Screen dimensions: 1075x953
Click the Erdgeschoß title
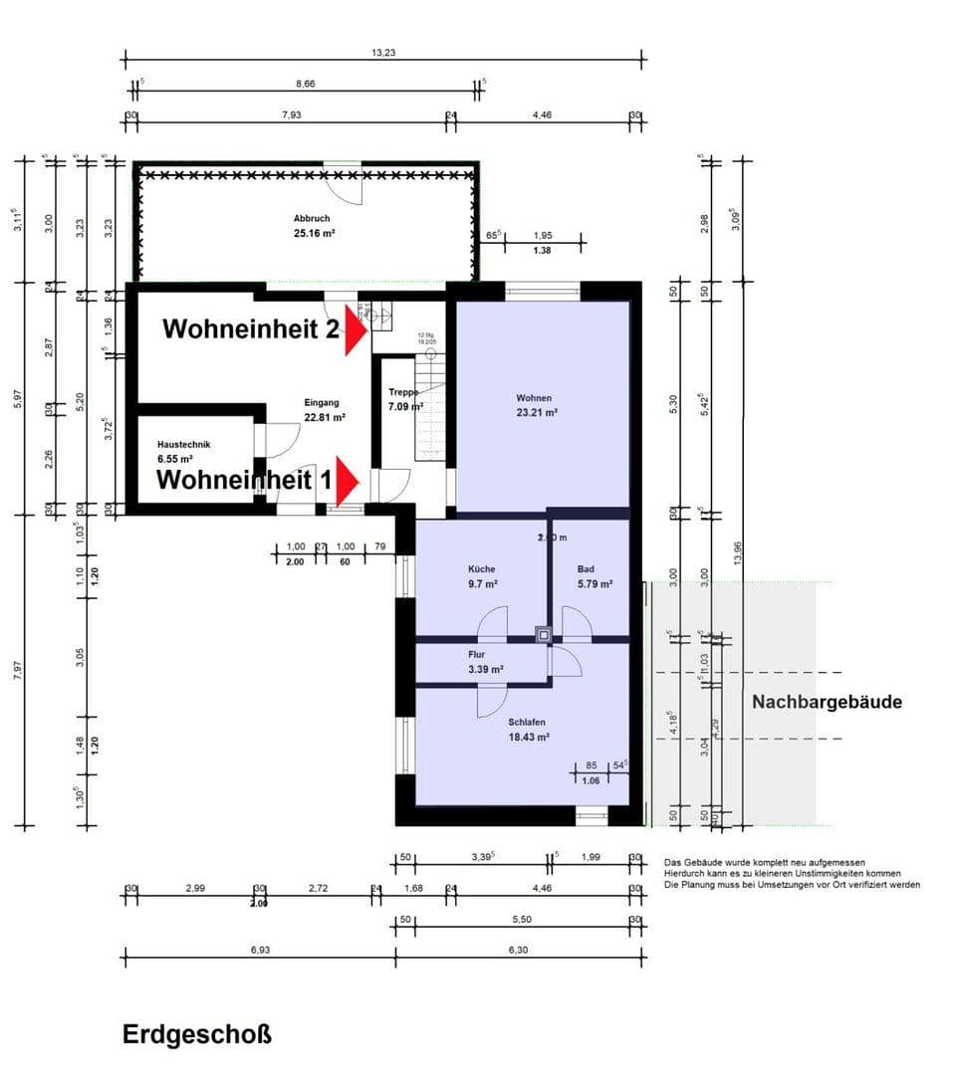[x=196, y=1034]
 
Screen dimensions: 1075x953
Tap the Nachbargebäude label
[x=827, y=702]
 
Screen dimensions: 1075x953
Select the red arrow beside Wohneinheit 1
[x=346, y=481]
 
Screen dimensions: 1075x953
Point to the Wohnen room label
[x=535, y=398]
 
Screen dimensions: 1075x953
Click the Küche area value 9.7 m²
[x=482, y=584]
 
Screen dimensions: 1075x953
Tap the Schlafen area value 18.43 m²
[x=529, y=738]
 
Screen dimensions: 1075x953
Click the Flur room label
[x=476, y=655]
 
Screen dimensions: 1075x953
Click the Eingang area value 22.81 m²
[x=325, y=418]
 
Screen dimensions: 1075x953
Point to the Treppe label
[x=403, y=392]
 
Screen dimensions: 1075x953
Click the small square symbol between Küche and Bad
[x=543, y=634]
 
